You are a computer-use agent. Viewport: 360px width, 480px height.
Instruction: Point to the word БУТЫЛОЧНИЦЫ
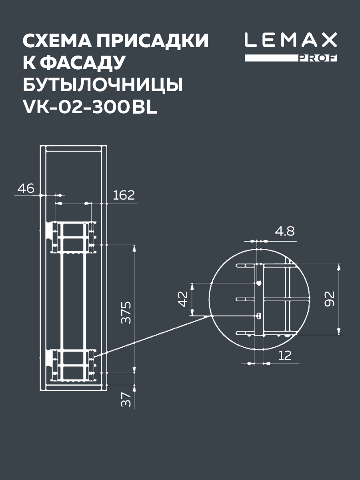pyautogui.click(x=103, y=85)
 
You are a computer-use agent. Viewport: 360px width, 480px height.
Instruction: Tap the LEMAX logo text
pyautogui.click(x=291, y=40)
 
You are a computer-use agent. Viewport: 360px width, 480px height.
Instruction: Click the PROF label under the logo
pyautogui.click(x=318, y=58)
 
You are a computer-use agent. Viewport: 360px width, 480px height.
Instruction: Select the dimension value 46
pyautogui.click(x=26, y=188)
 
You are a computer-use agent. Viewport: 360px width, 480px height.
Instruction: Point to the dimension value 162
pyautogui.click(x=124, y=195)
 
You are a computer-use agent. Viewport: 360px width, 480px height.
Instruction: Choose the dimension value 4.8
pyautogui.click(x=284, y=231)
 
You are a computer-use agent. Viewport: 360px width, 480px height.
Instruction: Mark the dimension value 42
pyautogui.click(x=183, y=299)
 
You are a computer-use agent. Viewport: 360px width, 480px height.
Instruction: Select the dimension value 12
pyautogui.click(x=284, y=355)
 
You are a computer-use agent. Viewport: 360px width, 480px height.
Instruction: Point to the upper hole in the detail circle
pyautogui.click(x=259, y=283)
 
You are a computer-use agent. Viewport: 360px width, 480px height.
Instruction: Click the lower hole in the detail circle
pyautogui.click(x=259, y=316)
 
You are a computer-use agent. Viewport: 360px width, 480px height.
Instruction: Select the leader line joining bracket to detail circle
pyautogui.click(x=152, y=335)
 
